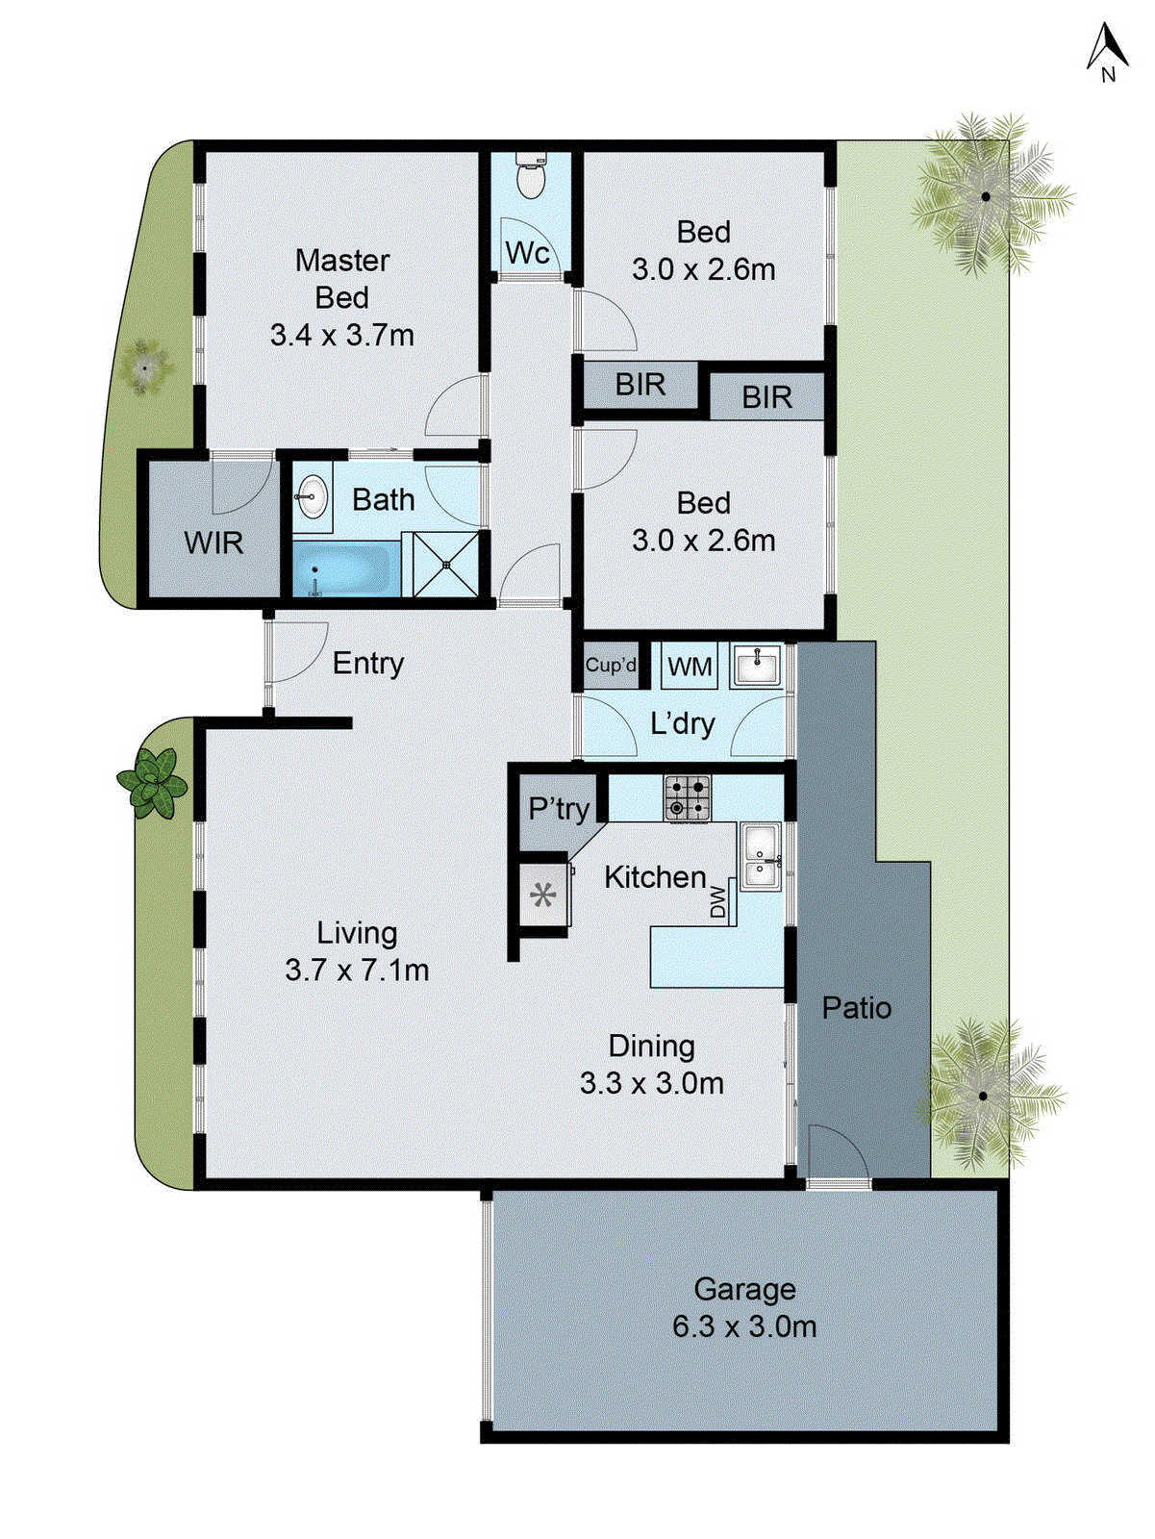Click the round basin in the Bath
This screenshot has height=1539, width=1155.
tap(311, 498)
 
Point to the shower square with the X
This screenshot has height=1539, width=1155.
tap(446, 565)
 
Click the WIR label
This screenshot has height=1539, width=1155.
tap(213, 543)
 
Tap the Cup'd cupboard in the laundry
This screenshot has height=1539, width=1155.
tap(611, 666)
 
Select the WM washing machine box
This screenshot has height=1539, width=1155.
tap(690, 667)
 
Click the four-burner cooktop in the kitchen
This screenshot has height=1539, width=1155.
tap(688, 798)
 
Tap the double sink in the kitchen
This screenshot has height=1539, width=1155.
tap(760, 856)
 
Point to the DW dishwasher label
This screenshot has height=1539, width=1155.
tap(718, 902)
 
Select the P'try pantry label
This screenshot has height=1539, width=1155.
tap(559, 809)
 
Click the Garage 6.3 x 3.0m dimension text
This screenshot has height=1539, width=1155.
tap(744, 1326)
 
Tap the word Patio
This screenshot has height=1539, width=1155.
tap(856, 1008)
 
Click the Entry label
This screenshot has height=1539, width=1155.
tap(368, 664)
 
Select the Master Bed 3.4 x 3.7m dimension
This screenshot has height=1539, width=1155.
tap(341, 336)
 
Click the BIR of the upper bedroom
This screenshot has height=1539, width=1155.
tap(640, 385)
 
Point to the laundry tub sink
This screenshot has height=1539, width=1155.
tap(758, 666)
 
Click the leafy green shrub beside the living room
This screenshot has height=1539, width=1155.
tap(152, 781)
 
